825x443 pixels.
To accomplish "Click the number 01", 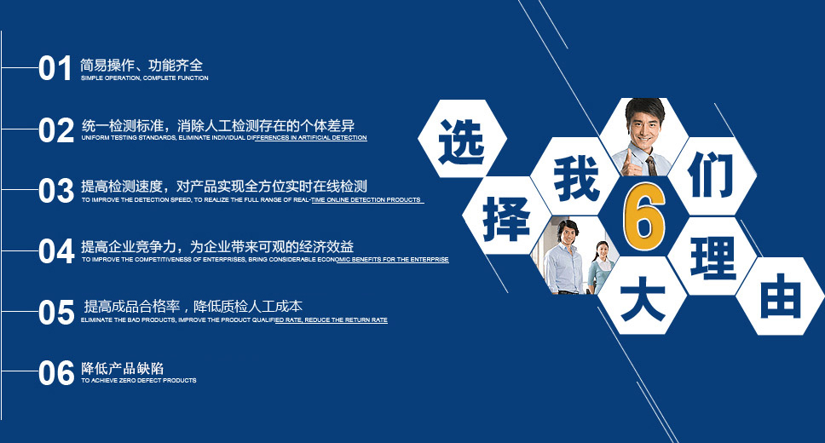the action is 55,68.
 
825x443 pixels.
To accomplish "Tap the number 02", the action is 55,130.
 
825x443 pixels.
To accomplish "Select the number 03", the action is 55,191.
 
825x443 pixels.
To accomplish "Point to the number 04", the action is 55,251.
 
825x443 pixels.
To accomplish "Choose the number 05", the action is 55,312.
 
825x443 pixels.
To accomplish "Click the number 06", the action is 55,373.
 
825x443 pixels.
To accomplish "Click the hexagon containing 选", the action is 462,139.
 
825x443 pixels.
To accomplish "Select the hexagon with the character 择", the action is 506,216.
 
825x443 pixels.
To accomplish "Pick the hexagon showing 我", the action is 575,176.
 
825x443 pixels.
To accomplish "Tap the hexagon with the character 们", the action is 712,176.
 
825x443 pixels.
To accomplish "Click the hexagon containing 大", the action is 643,296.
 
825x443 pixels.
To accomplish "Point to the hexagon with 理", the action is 712,256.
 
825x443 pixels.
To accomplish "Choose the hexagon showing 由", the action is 781,296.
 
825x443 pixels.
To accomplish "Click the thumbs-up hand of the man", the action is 629,164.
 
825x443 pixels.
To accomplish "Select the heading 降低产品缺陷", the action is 122,368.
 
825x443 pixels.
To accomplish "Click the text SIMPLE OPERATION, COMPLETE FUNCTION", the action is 145,78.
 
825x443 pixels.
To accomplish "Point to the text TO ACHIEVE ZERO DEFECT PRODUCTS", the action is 139,381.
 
